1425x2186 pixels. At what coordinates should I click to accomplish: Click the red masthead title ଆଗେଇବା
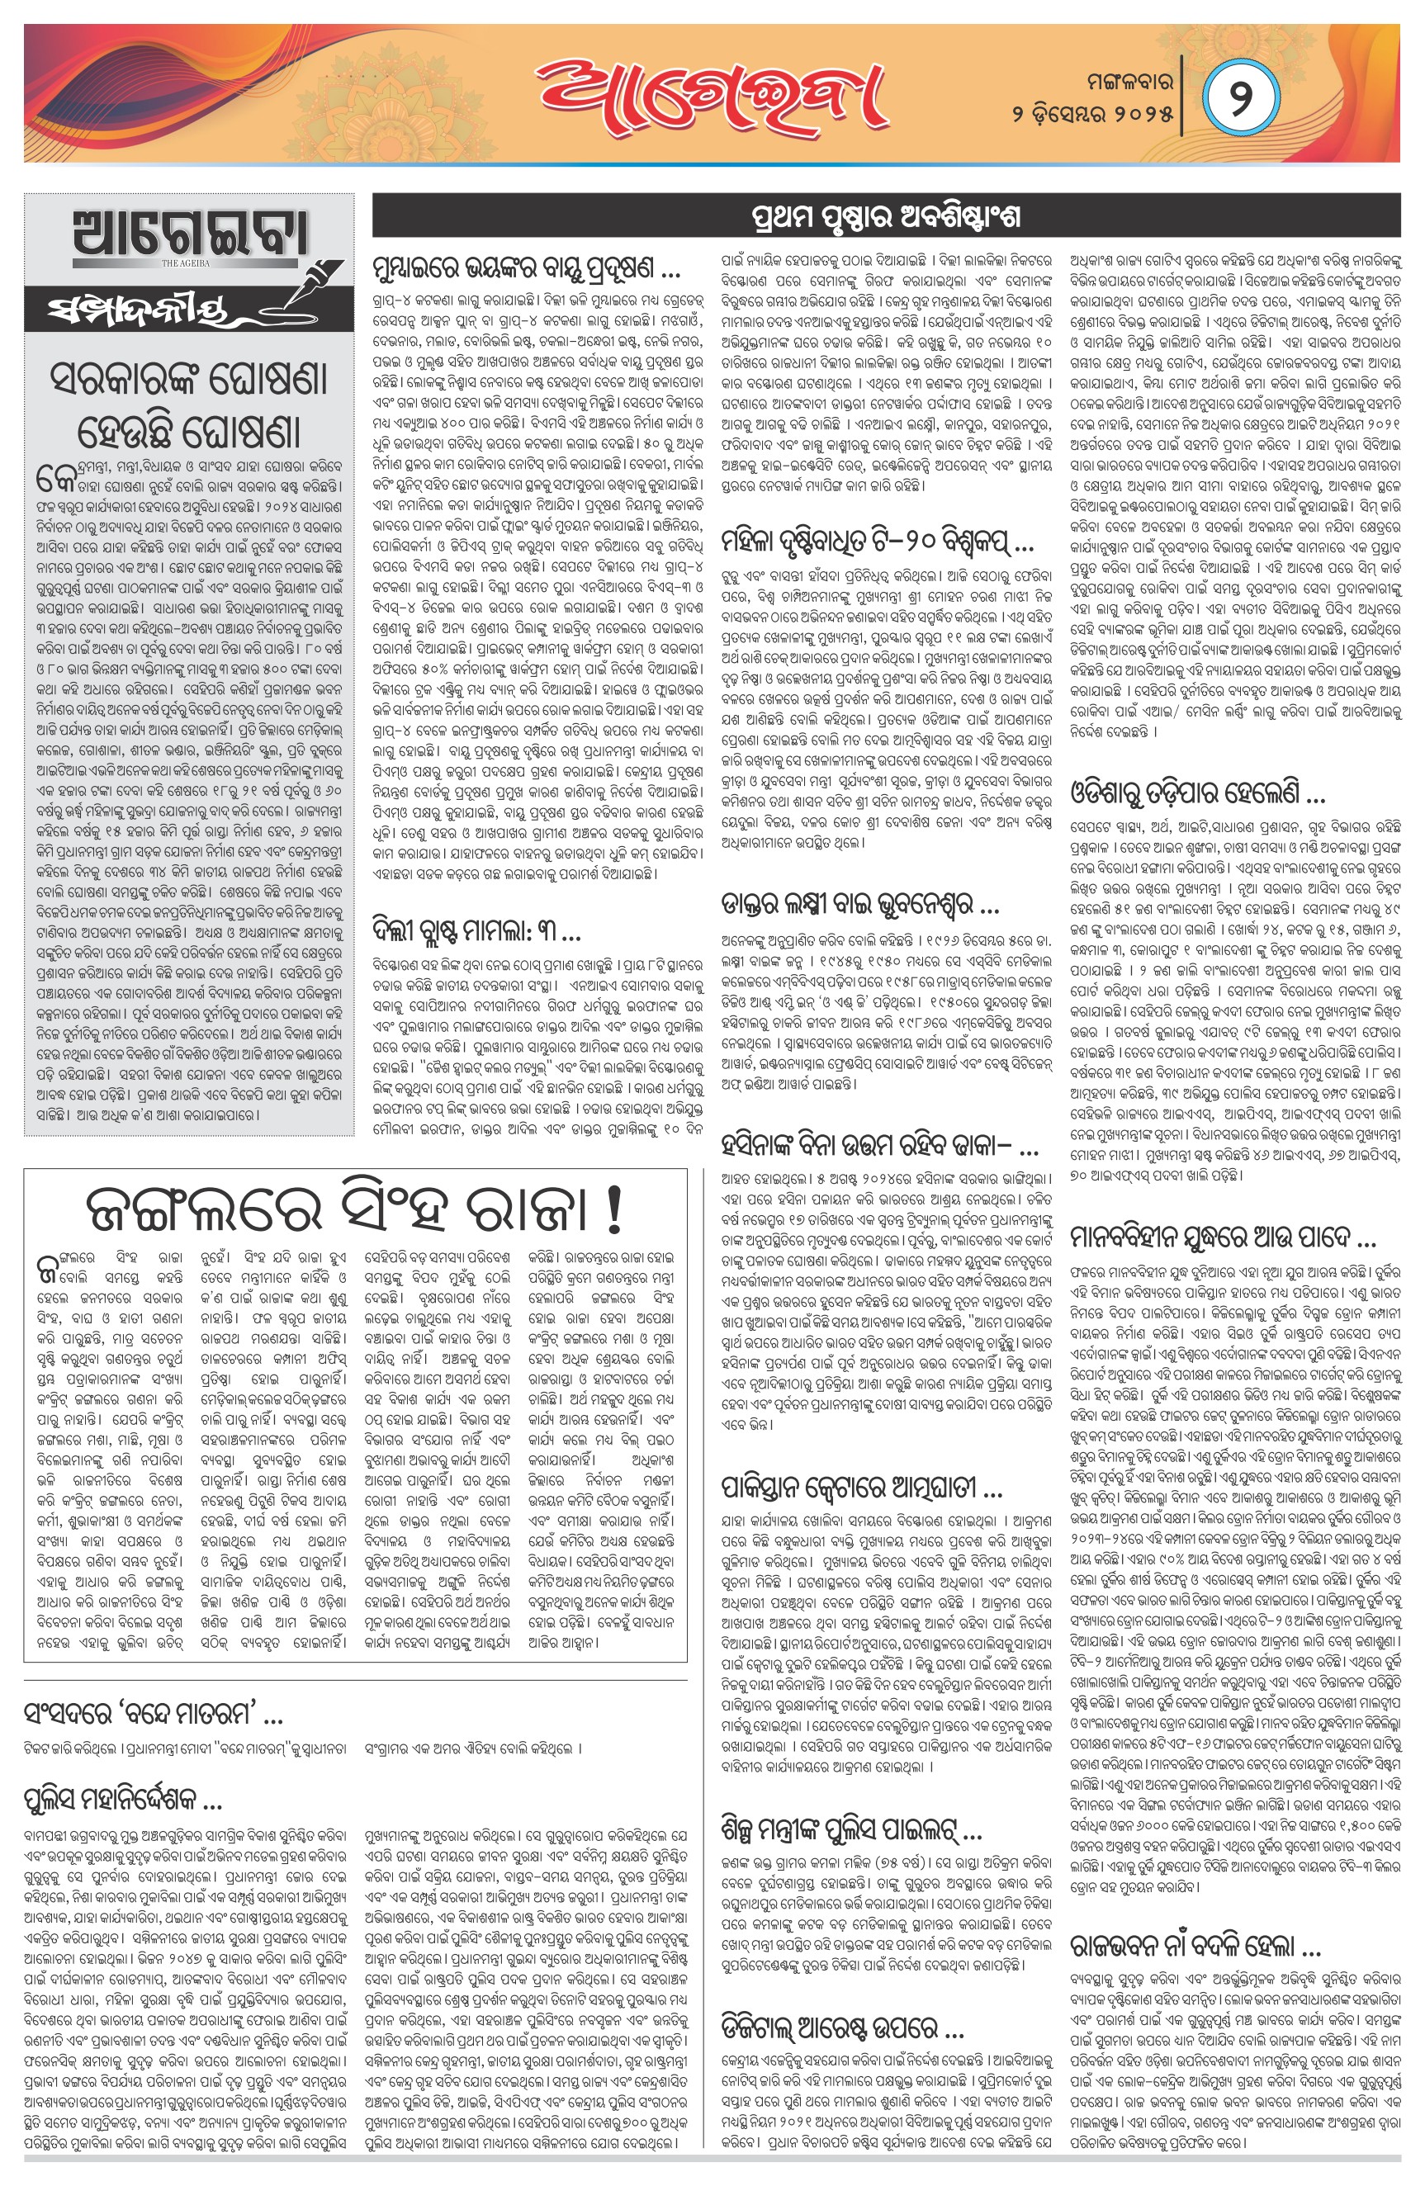coord(711,95)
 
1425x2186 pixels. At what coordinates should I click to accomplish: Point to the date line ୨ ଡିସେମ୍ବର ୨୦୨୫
coord(1092,115)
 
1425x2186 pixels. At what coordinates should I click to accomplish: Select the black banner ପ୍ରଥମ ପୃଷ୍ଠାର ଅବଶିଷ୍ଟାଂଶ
coord(886,217)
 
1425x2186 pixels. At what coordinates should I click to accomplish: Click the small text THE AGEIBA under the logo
coord(186,263)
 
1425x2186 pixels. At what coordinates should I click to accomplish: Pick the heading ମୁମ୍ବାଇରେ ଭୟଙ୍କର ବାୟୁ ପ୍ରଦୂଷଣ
coord(527,269)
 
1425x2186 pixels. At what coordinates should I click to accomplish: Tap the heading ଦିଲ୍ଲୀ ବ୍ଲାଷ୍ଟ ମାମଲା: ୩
coord(476,933)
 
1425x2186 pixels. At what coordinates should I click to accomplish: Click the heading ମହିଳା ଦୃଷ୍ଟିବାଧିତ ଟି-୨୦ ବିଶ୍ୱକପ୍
coord(878,541)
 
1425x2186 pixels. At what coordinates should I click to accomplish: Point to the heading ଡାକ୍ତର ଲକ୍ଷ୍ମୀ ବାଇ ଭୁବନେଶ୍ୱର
coord(860,907)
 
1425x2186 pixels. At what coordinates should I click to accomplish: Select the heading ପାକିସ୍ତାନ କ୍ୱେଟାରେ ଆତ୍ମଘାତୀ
coord(862,1486)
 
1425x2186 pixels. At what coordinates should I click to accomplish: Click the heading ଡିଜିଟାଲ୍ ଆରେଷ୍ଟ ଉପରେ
coord(841,2026)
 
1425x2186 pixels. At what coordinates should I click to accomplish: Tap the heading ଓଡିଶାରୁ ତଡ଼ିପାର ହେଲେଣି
coord(1197,791)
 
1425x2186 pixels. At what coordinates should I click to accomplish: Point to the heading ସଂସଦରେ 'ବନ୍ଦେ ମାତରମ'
coord(153,1714)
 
